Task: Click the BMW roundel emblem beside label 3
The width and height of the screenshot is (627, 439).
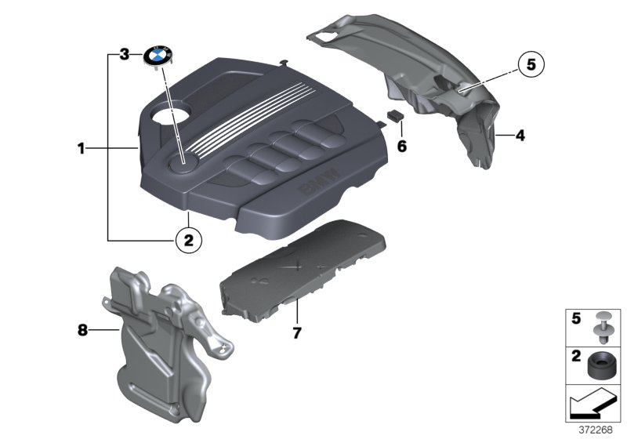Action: (158, 56)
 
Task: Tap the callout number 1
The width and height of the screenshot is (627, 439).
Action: (82, 149)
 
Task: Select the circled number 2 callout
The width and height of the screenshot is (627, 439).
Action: (188, 241)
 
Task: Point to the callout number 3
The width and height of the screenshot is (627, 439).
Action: (125, 54)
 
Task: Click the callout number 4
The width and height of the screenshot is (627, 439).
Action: (520, 136)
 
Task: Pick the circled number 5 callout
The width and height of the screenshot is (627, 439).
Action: (531, 64)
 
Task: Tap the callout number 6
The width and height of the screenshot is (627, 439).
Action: (401, 147)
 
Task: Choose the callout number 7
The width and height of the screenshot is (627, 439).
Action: (296, 332)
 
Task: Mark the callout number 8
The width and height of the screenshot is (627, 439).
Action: (82, 330)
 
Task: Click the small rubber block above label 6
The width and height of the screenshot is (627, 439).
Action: (395, 116)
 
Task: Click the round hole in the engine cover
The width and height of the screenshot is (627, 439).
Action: (169, 111)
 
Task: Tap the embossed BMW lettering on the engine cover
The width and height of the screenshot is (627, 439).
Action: (320, 183)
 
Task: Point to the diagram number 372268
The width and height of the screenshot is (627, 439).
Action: (596, 430)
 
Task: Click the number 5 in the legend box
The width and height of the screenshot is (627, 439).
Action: (576, 318)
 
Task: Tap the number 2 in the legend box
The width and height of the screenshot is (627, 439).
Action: (576, 356)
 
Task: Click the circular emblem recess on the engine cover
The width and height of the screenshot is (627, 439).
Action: (183, 164)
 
